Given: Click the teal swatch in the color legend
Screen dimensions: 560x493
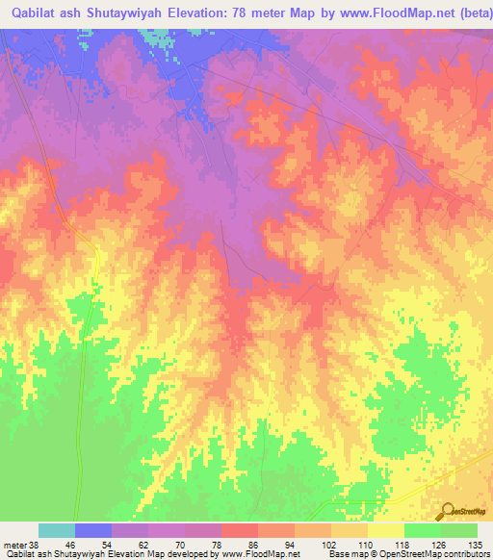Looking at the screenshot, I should point(57,530).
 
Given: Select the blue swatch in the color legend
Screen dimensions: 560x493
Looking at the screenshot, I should point(93,530).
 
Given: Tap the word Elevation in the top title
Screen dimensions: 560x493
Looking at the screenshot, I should point(201,14).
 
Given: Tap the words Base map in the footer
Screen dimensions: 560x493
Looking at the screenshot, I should point(346,553).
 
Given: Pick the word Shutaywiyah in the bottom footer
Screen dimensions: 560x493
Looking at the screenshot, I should point(80,553).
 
